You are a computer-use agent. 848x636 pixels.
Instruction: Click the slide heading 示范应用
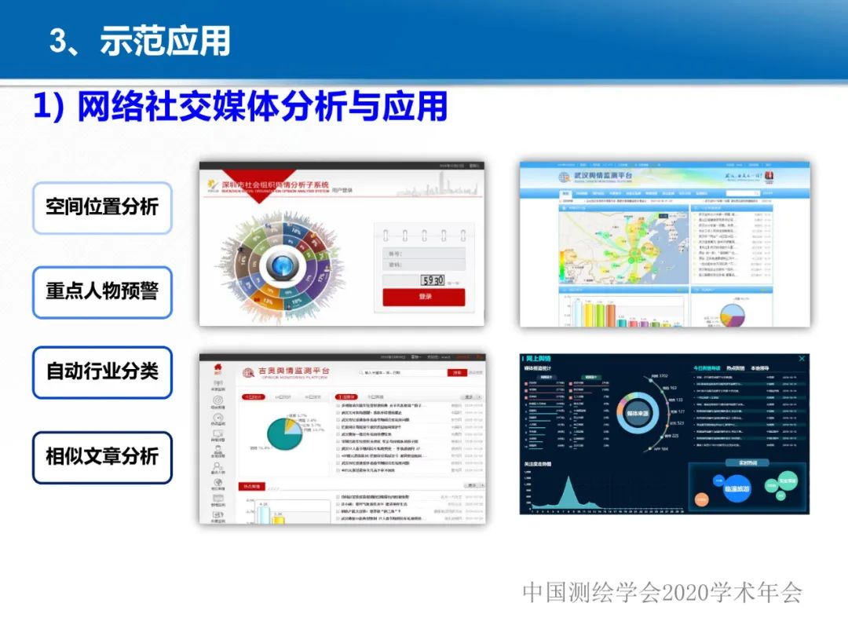click(x=164, y=40)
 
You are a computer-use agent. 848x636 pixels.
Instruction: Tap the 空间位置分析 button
click(x=102, y=207)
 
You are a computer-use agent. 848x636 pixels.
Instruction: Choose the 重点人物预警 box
click(x=102, y=291)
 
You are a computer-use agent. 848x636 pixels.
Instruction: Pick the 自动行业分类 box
click(x=102, y=372)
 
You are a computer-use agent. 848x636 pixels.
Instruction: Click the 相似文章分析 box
click(x=102, y=457)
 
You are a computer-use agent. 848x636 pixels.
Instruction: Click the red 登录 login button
click(x=424, y=297)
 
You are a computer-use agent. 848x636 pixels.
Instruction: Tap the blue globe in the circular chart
click(x=280, y=267)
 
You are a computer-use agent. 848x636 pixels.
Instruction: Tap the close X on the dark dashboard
click(x=801, y=359)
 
